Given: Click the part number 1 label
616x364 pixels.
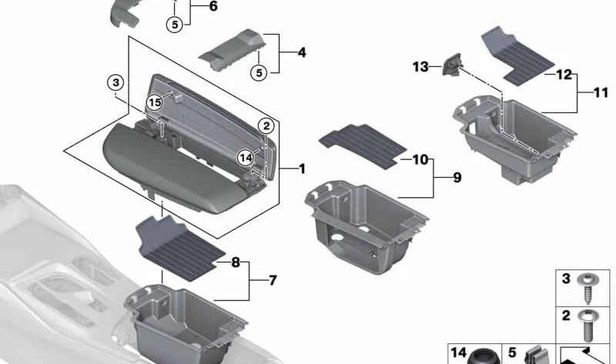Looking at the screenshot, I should [302, 168].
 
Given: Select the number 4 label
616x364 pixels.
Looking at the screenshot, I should [301, 53].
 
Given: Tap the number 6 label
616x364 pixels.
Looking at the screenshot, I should [213, 7].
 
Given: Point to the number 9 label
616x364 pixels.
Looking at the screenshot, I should [457, 178].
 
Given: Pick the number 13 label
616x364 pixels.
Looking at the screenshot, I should [420, 68].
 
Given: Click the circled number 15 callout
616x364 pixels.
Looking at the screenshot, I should [155, 102].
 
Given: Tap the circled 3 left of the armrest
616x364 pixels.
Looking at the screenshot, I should [115, 82].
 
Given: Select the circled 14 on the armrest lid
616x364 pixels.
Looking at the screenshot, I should [246, 157].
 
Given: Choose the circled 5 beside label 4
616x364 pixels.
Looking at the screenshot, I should [258, 72].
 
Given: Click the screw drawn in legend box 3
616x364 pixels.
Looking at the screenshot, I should [590, 287].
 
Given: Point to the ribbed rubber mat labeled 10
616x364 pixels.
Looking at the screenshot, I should [358, 144].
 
